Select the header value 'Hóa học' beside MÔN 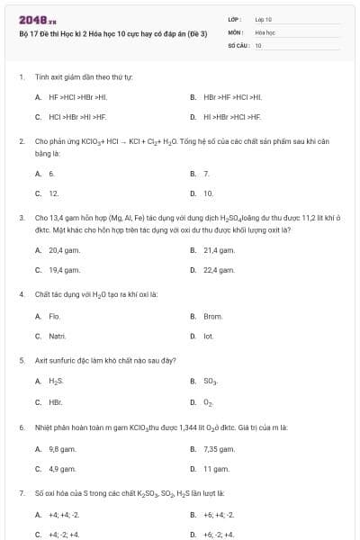coord(265,31)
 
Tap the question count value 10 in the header coord(258,44)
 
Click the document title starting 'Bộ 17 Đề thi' coord(113,33)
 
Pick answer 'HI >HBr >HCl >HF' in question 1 coord(232,117)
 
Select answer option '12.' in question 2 coord(53,193)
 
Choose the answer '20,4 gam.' coord(64,249)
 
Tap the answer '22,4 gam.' coord(219,270)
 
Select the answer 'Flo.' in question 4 coord(54,316)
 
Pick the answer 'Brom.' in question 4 coord(212,316)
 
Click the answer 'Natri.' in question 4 coord(58,337)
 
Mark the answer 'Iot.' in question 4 coord(208,337)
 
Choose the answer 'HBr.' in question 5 coord(55,402)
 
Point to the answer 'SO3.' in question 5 coord(210,382)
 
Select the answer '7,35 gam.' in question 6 coord(219,448)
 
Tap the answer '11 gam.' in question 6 coord(216,469)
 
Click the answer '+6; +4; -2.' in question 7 coord(219,515)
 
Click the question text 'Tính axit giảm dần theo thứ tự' coord(84,76)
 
